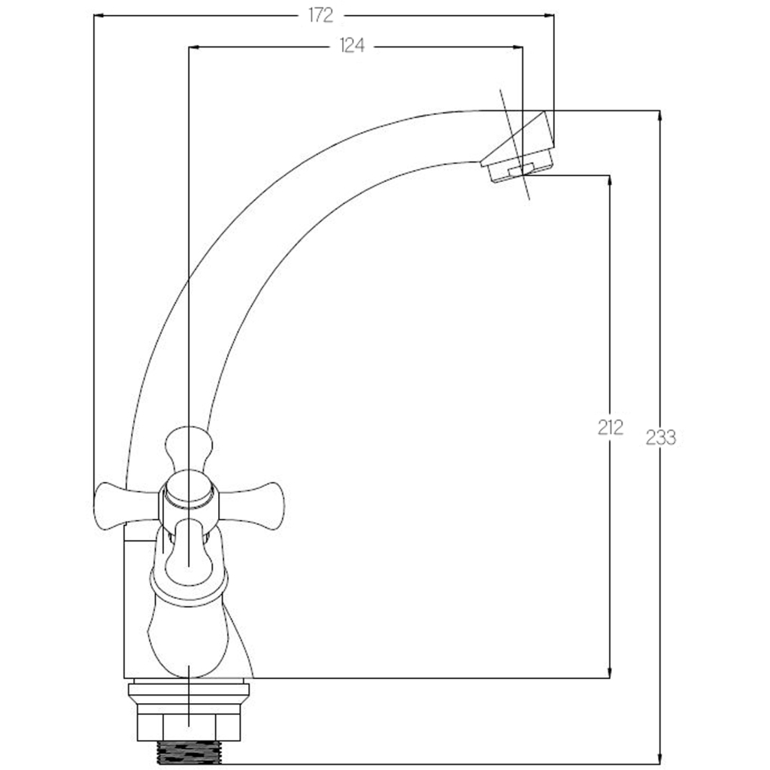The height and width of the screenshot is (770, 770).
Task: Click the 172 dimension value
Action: (x=320, y=16)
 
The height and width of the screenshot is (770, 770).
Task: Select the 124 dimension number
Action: (x=352, y=46)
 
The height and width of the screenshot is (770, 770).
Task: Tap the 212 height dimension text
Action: (x=611, y=427)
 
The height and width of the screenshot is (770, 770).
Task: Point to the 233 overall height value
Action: (x=660, y=437)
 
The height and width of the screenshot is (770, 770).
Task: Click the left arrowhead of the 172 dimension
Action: (x=98, y=16)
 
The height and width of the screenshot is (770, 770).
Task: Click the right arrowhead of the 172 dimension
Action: (x=550, y=16)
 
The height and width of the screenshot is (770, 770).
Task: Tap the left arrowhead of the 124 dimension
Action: (x=193, y=47)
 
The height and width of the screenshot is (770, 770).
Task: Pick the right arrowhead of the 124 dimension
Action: (x=518, y=47)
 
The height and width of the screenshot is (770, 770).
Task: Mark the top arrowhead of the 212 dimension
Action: (x=610, y=180)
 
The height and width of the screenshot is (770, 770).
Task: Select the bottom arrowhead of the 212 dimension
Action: (x=610, y=673)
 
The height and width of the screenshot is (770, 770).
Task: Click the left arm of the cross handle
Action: (x=126, y=506)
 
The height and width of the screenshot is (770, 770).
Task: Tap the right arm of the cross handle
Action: (x=251, y=506)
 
